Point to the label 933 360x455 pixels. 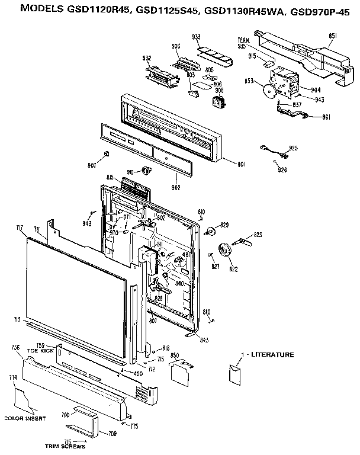pyautogui.click(x=196, y=37)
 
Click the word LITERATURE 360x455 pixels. pyautogui.click(x=272, y=355)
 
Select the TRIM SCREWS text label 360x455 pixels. pyautogui.click(x=65, y=446)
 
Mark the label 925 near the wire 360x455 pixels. pyautogui.click(x=292, y=148)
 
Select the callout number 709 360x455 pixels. pyautogui.click(x=112, y=433)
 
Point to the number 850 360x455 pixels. pyautogui.click(x=175, y=355)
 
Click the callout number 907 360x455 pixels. pyautogui.click(x=91, y=165)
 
